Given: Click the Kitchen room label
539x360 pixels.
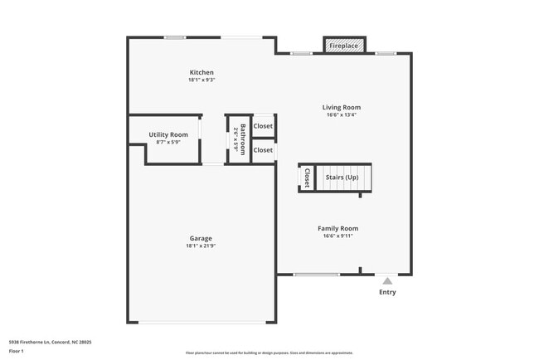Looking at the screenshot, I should (x=201, y=73).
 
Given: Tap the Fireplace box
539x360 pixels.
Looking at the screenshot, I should (x=343, y=46).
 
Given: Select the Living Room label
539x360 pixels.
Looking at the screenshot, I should (x=342, y=107).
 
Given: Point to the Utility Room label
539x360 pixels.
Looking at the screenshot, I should (x=168, y=134).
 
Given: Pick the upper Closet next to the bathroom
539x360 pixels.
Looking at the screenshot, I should (x=263, y=126).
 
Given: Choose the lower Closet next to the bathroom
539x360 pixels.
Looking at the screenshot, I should (x=263, y=150).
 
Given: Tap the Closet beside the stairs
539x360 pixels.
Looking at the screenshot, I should (x=307, y=177).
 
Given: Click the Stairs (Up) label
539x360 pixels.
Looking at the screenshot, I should (x=342, y=178).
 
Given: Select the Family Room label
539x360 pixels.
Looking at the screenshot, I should (x=337, y=228).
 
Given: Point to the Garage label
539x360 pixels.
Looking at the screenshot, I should (x=201, y=239).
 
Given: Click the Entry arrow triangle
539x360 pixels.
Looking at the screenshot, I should (x=386, y=281).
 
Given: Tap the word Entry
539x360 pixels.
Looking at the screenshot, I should (x=387, y=292).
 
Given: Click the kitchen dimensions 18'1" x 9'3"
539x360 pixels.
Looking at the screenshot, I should (x=201, y=80).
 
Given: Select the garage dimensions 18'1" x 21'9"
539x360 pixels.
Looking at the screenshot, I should (x=201, y=246).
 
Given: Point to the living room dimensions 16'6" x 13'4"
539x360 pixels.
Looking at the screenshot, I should (x=342, y=115).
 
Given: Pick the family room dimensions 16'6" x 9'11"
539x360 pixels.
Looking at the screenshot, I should (x=337, y=236).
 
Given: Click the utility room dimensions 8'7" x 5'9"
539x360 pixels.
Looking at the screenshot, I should (x=168, y=142).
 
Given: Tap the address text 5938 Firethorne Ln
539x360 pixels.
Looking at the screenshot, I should (x=50, y=342).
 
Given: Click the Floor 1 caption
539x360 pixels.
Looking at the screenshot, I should (x=17, y=351).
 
